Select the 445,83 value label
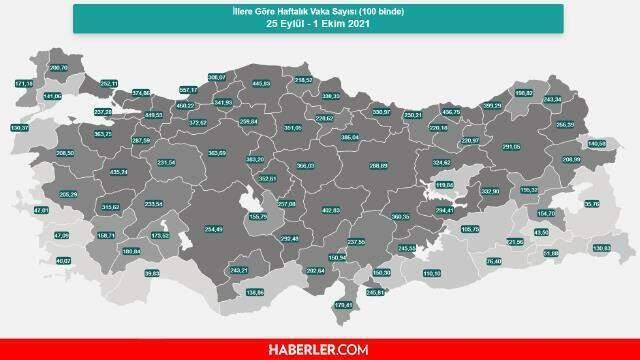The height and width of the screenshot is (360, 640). click(262, 84)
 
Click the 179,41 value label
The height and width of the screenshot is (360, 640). click(343, 305)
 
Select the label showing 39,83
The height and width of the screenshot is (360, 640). click(152, 273)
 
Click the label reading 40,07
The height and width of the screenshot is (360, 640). click(64, 261)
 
